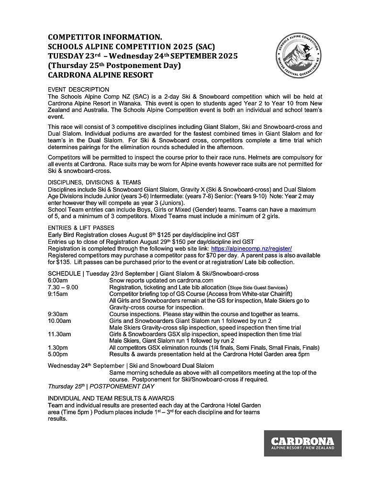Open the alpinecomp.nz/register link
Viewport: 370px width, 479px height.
[251, 249]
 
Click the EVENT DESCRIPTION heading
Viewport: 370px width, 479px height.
[78, 90]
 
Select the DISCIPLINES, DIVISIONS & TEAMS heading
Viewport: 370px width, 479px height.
[94, 182]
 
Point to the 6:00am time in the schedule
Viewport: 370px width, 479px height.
[58, 280]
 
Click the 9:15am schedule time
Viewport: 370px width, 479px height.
[58, 294]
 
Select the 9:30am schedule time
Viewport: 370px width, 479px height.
[58, 314]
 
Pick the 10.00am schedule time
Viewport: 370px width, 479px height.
[59, 321]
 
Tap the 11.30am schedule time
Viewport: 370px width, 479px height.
[59, 334]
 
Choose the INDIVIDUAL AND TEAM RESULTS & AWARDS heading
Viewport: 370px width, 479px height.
[111, 399]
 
